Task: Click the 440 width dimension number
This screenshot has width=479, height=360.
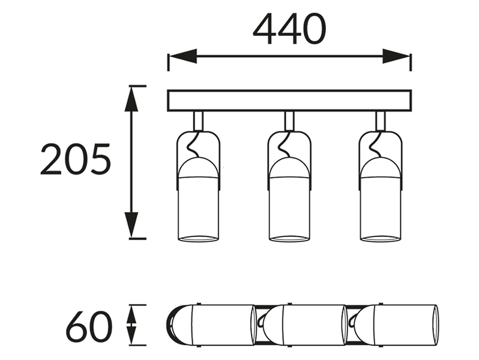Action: coord(289,29)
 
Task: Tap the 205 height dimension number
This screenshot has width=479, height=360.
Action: coord(76,159)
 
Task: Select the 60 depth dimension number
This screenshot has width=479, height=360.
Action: coord(89,326)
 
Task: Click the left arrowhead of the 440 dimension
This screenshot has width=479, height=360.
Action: coord(182,56)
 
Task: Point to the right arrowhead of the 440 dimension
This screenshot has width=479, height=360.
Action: coord(396,56)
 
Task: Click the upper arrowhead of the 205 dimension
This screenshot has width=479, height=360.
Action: coord(131,98)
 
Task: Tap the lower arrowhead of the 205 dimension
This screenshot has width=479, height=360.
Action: coord(131,225)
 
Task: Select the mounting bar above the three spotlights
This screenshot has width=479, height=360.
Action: coord(289,101)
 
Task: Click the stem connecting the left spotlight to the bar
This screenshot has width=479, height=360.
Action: coord(198,122)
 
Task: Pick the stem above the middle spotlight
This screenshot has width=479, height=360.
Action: coord(289,122)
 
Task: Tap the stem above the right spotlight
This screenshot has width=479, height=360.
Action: coord(381,122)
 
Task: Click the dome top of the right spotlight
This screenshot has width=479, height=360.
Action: coord(381,167)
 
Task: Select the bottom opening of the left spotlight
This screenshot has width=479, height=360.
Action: coord(198,238)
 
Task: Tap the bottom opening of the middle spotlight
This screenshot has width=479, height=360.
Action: coord(289,238)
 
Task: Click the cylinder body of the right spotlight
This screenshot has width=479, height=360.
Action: coord(381,208)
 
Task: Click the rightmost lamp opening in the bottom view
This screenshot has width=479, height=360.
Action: coord(435,325)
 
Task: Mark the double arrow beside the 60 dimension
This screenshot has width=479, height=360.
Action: coord(131,325)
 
